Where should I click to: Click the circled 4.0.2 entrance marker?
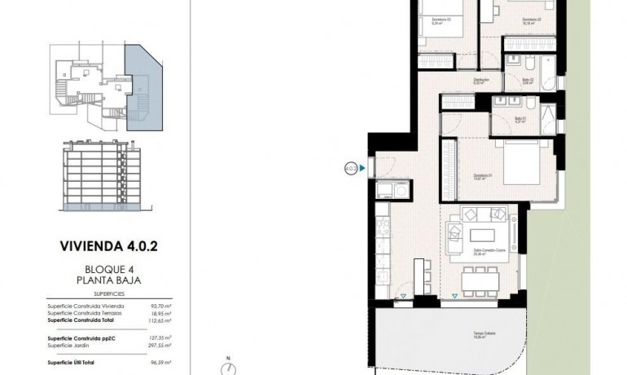351,170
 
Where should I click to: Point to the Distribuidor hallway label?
480,80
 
